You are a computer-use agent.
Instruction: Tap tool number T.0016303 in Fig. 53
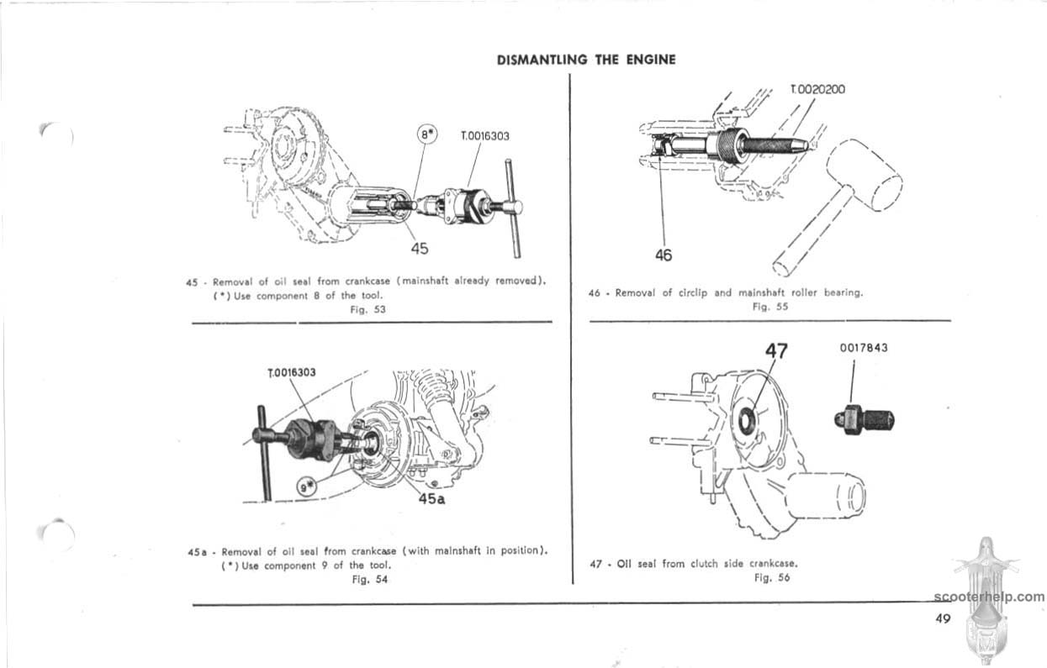click(485, 134)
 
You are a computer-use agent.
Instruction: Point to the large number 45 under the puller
click(420, 248)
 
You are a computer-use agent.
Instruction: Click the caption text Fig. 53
click(367, 308)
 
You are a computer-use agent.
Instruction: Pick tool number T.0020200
click(818, 89)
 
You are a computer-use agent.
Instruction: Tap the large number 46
click(664, 255)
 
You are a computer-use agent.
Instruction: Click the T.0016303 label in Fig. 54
click(291, 373)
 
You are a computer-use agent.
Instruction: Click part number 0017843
click(864, 347)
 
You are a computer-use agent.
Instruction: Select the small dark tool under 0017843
click(863, 416)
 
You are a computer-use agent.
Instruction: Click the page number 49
click(942, 618)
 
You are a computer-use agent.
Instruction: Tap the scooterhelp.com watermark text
click(989, 597)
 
